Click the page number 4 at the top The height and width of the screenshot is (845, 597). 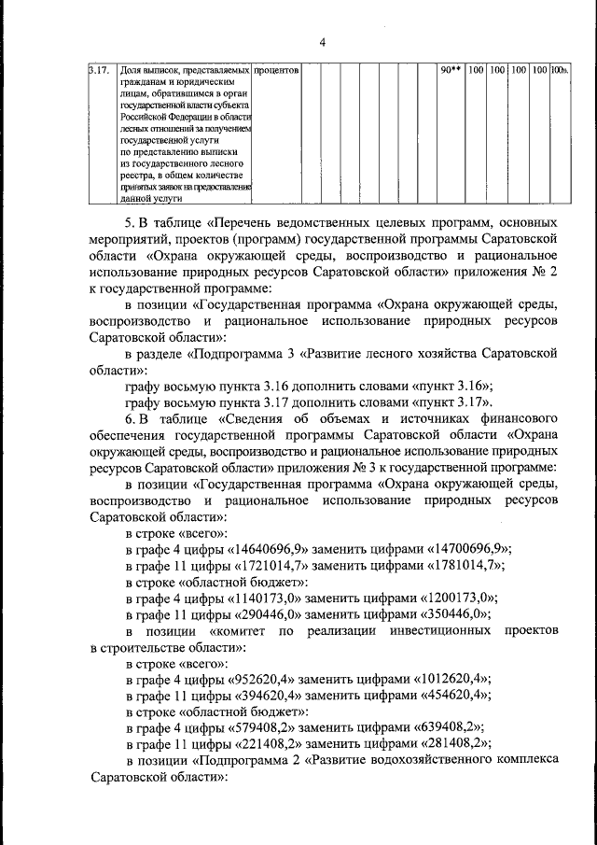[323, 42]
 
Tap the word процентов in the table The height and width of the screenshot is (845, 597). [276, 70]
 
